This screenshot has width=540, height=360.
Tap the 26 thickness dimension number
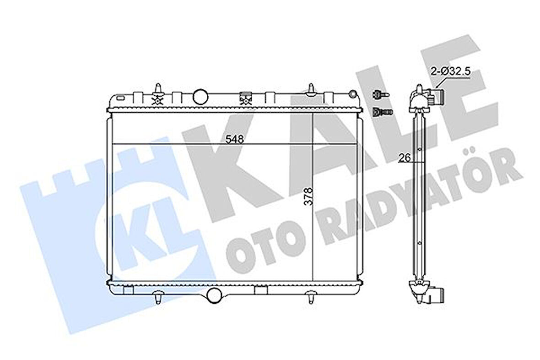tap(403, 158)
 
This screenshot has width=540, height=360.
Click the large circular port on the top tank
tap(200, 96)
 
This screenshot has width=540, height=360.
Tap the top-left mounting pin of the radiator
tap(158, 88)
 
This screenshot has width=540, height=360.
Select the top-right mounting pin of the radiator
tap(311, 89)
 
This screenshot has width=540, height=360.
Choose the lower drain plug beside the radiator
tap(380, 111)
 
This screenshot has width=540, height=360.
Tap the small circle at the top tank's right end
tap(352, 94)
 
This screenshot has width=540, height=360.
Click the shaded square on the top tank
tap(245, 97)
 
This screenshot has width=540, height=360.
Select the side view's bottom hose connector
tap(435, 295)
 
